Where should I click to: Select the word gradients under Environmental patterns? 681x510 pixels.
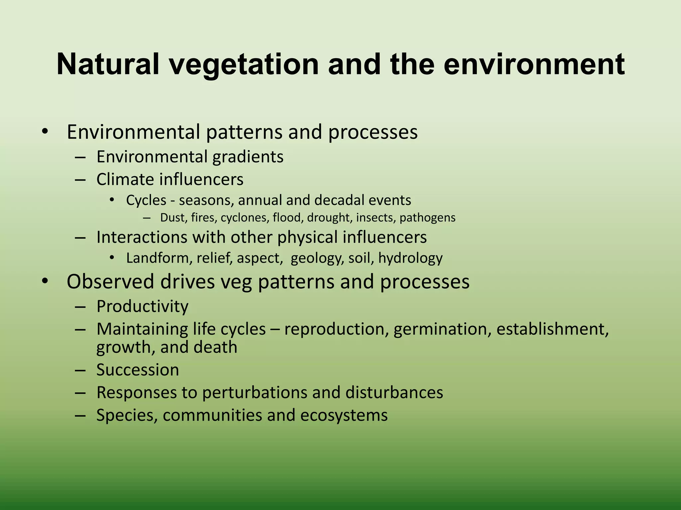[x=248, y=157]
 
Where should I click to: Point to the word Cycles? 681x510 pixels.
[x=146, y=200]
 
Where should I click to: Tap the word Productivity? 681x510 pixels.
[x=142, y=306]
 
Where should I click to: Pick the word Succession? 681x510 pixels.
[x=138, y=370]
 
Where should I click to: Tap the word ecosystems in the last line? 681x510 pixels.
[x=344, y=415]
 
